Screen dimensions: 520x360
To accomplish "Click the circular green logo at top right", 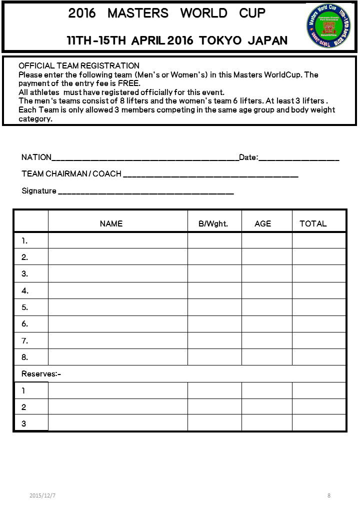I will pos(328,25).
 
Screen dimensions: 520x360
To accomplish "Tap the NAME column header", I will pos(111,224).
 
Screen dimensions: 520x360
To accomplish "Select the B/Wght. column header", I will pos(213,224).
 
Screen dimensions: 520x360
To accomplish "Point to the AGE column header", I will pos(262,224).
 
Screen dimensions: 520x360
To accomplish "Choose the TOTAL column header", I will pos(313,224).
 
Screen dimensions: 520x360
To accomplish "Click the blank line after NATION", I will pos(145,158).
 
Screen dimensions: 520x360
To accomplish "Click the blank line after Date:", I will pos(299,158).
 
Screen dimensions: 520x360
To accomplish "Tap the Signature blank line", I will pos(145,191).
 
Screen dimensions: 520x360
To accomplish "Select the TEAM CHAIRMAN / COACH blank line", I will pos(210,174).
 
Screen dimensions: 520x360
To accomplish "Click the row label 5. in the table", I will pos(25,307).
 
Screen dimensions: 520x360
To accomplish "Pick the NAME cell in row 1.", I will pos(117,240).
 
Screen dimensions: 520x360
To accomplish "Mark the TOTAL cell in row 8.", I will pos(318,357).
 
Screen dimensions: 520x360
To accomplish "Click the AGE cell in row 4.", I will pos(266,290).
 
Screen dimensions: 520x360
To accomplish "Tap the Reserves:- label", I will pos(41,374).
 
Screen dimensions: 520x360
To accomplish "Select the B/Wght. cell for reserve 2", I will pos(214,407).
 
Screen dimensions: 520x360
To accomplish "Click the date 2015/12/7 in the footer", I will pos(42,495).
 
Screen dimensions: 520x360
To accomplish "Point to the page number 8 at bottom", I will pos(329,495).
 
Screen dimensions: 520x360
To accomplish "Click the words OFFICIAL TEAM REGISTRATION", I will pos(79,66).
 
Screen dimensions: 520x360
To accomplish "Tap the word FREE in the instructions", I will pos(128,83).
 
